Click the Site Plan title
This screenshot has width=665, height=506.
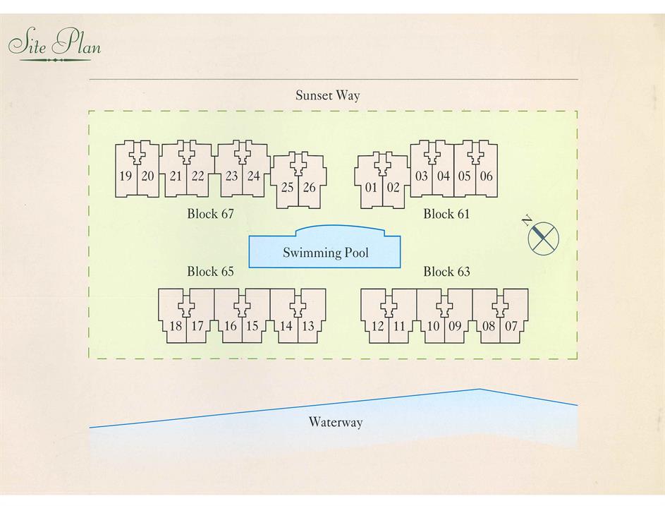pos(55,44)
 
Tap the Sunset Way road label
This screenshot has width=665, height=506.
pos(327,95)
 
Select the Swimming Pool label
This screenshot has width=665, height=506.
pos(325,253)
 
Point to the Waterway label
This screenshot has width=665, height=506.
pos(335,422)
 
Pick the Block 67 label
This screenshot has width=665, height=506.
pos(210,213)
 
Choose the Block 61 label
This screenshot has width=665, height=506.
pos(446,213)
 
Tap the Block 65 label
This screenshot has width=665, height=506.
pos(210,271)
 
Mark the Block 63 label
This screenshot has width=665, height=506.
pos(446,271)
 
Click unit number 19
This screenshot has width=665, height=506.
pos(126,176)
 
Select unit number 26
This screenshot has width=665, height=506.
pos(310,187)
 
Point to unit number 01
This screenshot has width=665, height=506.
pos(372,187)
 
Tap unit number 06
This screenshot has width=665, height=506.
pos(486,176)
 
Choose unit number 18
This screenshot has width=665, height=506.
pos(176,326)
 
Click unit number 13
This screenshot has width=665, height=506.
pos(308,326)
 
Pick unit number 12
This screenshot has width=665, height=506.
pos(378,326)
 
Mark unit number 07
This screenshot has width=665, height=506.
pos(511,326)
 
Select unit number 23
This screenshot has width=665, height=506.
pos(231,176)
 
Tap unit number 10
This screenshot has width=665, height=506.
pos(433,326)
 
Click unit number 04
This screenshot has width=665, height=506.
pos(443,176)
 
